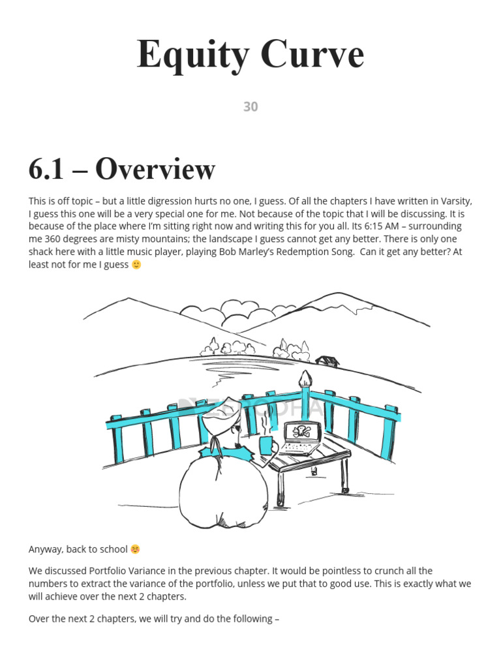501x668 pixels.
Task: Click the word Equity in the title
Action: (x=189, y=55)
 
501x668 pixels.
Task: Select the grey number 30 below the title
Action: (x=250, y=107)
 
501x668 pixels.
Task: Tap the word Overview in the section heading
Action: (x=155, y=170)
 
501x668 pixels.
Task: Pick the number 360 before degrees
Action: (x=49, y=239)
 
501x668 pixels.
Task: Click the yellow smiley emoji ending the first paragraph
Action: (x=136, y=264)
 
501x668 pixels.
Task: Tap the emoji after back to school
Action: (x=135, y=549)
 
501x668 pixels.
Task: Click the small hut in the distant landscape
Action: (x=326, y=360)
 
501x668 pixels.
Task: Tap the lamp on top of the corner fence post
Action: (x=305, y=378)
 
